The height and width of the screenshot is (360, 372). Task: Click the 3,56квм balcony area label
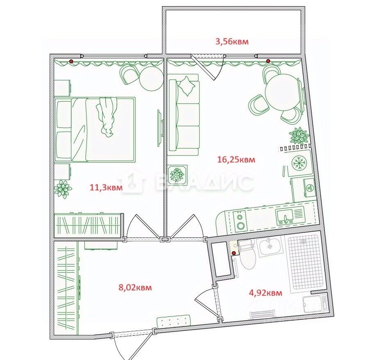pos(232,42)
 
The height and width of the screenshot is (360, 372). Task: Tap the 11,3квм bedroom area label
pos(106,188)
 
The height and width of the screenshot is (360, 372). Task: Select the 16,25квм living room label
pos(236,159)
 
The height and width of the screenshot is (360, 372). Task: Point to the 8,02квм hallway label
pos(135,288)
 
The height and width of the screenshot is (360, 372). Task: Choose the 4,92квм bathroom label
pos(265,293)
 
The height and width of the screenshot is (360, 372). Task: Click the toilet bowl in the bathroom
pos(248,260)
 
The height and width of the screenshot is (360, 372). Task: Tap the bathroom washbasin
pos(270,247)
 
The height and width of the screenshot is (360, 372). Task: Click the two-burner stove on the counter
pos(240,221)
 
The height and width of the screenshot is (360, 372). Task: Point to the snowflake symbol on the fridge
pos(299,163)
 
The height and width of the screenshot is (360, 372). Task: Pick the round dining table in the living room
pos(281,92)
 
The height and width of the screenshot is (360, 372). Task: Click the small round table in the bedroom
pos(151,78)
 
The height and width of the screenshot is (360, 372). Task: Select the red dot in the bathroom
pos(234,253)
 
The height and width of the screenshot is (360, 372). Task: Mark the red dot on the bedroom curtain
pos(71,62)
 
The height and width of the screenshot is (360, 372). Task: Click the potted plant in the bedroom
pos(63,189)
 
